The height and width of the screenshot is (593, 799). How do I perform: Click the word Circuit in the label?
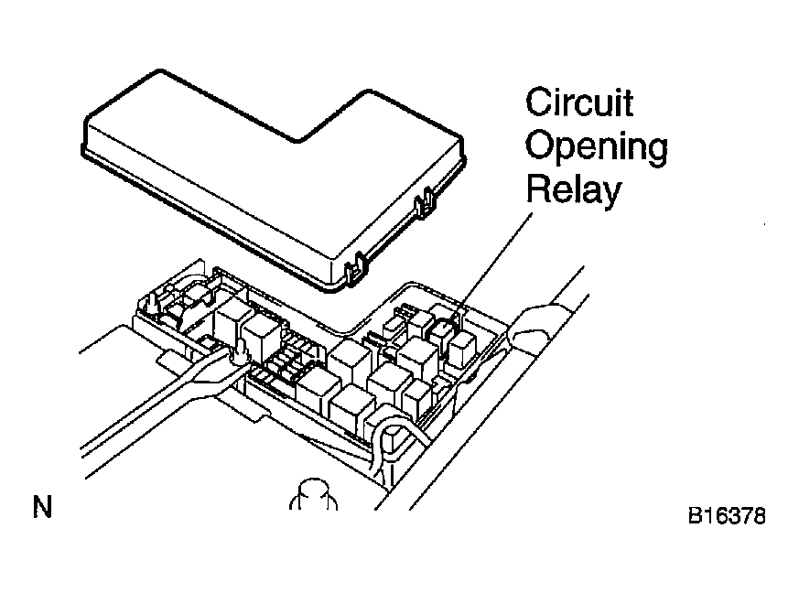coord(579,102)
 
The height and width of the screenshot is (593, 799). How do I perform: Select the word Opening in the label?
coord(596,146)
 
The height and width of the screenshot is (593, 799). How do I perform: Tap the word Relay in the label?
coord(574,189)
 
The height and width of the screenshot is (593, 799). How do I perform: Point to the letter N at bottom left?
coord(43,507)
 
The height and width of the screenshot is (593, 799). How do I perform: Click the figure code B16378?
coord(727,515)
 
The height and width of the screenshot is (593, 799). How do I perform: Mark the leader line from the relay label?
coord(496,261)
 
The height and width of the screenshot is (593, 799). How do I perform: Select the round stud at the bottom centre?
coord(313,494)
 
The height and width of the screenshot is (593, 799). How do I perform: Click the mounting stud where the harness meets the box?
coord(240,352)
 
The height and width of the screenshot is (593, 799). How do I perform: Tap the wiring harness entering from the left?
coord(153,403)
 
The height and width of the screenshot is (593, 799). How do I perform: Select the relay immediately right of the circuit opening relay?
coord(461,349)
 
